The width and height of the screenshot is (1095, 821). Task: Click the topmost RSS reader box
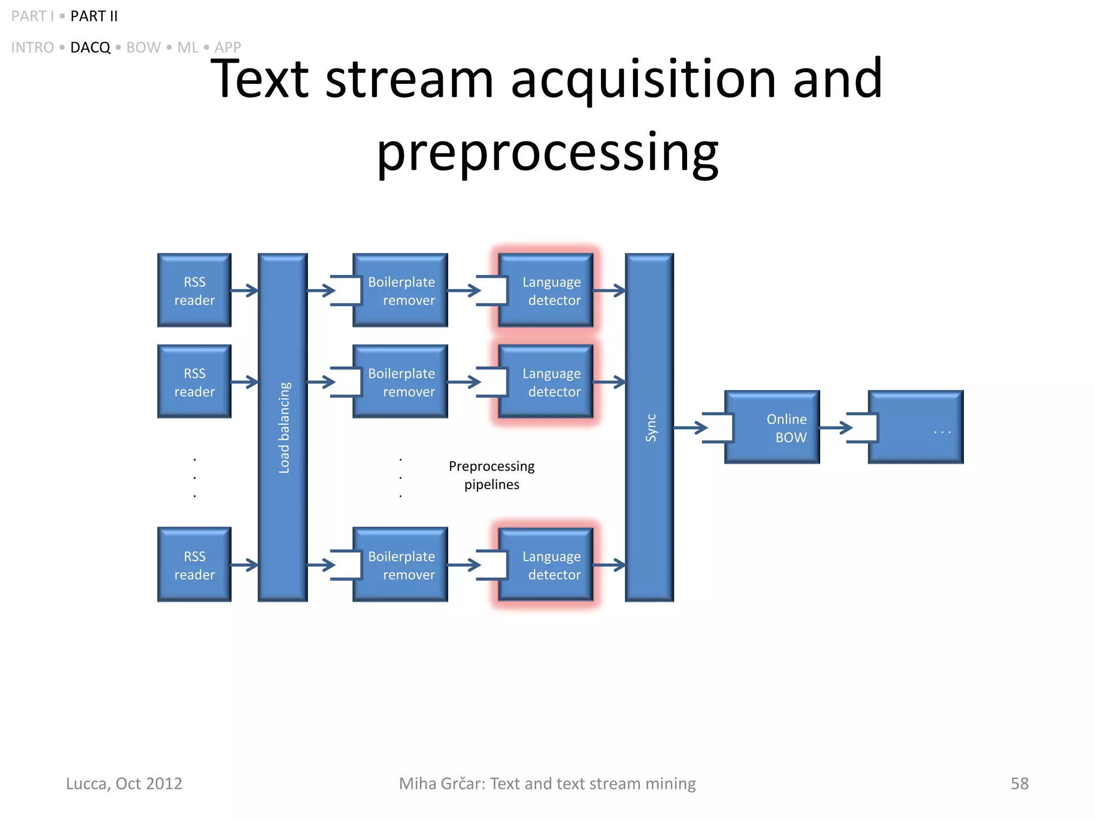click(x=194, y=290)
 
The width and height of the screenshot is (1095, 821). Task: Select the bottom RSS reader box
click(x=194, y=564)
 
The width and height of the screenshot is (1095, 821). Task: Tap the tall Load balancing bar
click(x=283, y=427)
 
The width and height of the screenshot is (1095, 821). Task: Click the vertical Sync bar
click(x=650, y=427)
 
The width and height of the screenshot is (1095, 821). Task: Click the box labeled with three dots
click(x=916, y=427)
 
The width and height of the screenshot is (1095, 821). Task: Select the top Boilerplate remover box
click(x=400, y=290)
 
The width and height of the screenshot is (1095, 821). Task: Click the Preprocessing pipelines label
click(x=491, y=475)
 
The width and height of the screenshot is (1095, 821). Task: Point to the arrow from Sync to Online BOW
click(x=690, y=428)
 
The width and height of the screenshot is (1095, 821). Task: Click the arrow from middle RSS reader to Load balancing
click(x=244, y=382)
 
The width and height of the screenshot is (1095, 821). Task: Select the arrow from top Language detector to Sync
click(x=609, y=291)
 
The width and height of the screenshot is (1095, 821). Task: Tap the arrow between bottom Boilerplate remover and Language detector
click(x=464, y=565)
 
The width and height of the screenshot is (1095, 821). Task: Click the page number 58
click(x=1019, y=783)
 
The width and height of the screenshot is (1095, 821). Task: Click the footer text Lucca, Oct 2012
click(x=124, y=783)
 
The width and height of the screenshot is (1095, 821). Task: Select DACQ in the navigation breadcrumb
click(x=90, y=48)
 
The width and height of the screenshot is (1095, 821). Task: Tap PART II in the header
click(x=94, y=16)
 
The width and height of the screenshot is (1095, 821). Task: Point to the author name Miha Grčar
click(x=442, y=783)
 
